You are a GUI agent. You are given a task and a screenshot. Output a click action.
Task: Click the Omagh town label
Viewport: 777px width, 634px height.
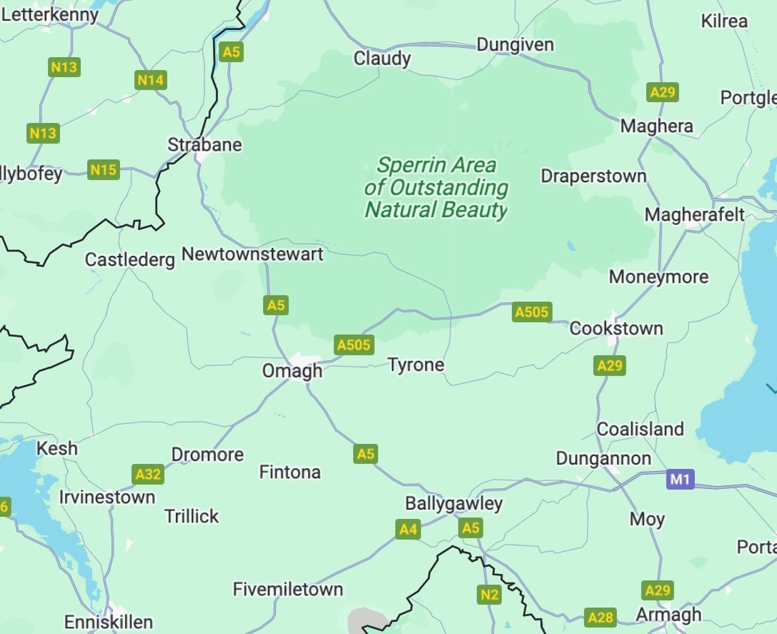pyautogui.click(x=292, y=371)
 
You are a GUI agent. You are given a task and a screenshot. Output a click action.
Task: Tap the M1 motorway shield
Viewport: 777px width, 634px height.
pyautogui.click(x=680, y=479)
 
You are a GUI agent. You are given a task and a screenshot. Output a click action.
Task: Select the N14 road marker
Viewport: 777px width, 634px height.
pyautogui.click(x=150, y=80)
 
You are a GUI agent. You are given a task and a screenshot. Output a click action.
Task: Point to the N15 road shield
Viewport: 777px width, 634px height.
pyautogui.click(x=104, y=170)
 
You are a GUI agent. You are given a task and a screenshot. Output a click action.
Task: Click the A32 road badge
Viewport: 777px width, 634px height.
pyautogui.click(x=148, y=474)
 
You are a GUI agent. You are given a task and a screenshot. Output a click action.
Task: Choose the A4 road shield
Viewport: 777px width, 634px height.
pyautogui.click(x=408, y=529)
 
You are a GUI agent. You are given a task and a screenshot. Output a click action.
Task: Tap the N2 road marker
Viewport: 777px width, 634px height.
pyautogui.click(x=489, y=594)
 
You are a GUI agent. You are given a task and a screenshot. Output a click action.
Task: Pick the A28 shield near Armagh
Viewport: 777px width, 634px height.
pyautogui.click(x=600, y=618)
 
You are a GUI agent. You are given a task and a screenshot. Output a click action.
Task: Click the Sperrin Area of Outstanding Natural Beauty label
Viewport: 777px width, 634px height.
pyautogui.click(x=436, y=187)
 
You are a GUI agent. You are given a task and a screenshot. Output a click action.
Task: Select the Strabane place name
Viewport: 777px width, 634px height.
pyautogui.click(x=204, y=145)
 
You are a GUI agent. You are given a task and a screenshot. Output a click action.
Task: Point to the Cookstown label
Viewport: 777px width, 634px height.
pyautogui.click(x=616, y=328)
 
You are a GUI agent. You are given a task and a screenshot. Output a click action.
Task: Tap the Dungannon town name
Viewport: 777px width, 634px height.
pyautogui.click(x=603, y=458)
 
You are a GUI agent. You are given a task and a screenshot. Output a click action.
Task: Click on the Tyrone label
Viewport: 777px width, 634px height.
pyautogui.click(x=416, y=366)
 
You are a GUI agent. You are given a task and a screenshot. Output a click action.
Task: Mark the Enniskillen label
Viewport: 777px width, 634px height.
pyautogui.click(x=109, y=622)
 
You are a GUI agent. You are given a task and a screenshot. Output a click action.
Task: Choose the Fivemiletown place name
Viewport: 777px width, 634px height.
pyautogui.click(x=288, y=590)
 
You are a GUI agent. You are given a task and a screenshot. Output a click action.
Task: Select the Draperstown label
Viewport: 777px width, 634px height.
pyautogui.click(x=593, y=176)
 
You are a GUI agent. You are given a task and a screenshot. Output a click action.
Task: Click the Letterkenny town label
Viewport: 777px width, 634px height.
pyautogui.click(x=50, y=14)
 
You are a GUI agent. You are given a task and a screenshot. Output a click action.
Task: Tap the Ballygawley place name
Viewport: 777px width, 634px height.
pyautogui.click(x=453, y=503)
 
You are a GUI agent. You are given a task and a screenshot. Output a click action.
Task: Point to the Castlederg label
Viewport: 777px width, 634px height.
pyautogui.click(x=129, y=259)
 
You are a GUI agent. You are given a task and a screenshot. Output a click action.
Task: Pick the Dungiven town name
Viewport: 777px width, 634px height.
pyautogui.click(x=514, y=44)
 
